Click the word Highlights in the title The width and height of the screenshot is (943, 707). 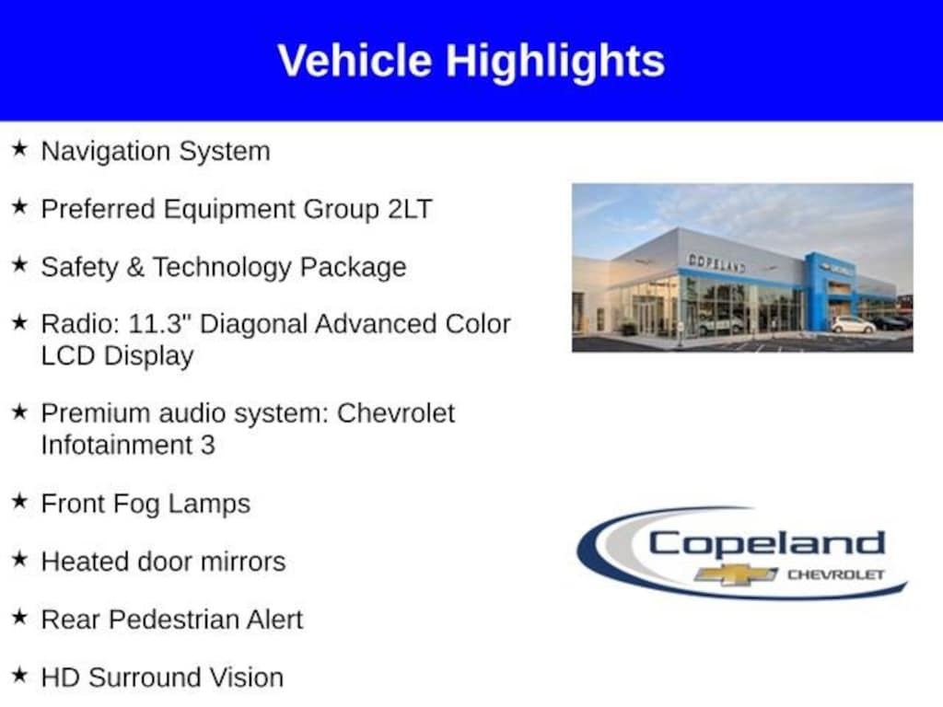pyautogui.click(x=554, y=63)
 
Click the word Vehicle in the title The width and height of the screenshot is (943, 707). pyautogui.click(x=355, y=61)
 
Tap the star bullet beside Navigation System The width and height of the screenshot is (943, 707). pyautogui.click(x=19, y=148)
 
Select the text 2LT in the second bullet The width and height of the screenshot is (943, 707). pyautogui.click(x=410, y=209)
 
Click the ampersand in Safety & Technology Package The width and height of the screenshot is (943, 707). pyautogui.click(x=135, y=267)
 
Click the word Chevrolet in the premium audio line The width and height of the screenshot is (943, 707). pyautogui.click(x=396, y=413)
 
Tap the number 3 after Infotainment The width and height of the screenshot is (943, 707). pyautogui.click(x=207, y=446)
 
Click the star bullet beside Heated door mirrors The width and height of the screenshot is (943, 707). pyautogui.click(x=19, y=559)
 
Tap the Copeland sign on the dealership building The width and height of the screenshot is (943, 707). pyautogui.click(x=716, y=262)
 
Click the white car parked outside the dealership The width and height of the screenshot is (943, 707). pyautogui.click(x=853, y=325)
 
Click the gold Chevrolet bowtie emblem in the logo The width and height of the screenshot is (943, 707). pyautogui.click(x=735, y=574)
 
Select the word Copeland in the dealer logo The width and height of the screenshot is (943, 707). pyautogui.click(x=766, y=543)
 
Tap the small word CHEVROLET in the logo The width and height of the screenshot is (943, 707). pyautogui.click(x=835, y=574)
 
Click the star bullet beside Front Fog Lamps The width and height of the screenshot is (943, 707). pyautogui.click(x=19, y=501)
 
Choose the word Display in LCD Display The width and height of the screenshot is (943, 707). pyautogui.click(x=148, y=356)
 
